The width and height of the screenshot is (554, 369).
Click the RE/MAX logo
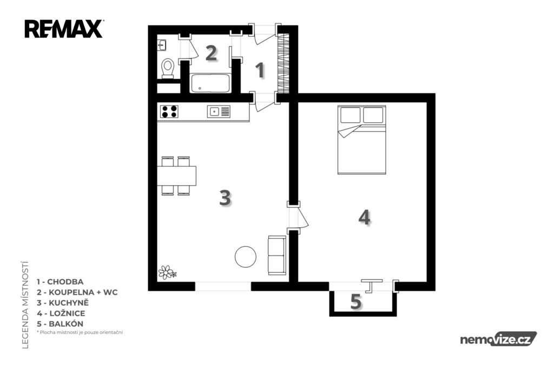coord(64,29)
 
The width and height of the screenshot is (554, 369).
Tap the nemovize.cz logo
coord(498,339)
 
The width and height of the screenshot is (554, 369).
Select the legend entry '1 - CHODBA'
coord(60,282)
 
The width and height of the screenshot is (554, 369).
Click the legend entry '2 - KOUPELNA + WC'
coord(77,292)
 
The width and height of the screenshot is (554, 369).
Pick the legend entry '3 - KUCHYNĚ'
coord(63,302)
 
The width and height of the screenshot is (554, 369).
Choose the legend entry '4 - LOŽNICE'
coord(61,313)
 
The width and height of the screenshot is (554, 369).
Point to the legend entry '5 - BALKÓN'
coord(60,324)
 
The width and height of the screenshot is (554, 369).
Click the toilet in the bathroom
coord(168,68)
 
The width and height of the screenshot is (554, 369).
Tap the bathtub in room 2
coord(210,83)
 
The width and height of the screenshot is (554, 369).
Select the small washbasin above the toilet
coord(161,45)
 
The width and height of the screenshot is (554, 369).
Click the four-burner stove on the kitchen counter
coord(169,111)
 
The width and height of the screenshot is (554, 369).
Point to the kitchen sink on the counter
coord(219,111)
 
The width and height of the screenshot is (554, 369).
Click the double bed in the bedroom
coord(361,140)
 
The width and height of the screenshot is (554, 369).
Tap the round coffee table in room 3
coord(246,256)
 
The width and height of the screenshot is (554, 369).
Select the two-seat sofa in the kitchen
coord(276,255)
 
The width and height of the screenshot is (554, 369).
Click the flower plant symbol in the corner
coord(167,273)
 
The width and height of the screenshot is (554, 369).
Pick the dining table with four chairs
coord(176,176)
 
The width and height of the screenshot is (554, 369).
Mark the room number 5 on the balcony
coord(356,301)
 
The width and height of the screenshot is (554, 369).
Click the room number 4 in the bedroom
coord(364,217)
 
